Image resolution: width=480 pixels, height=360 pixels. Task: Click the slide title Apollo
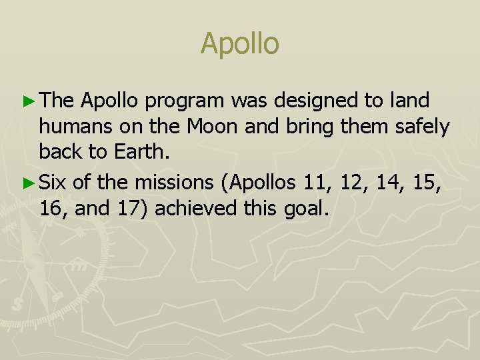pyautogui.click(x=239, y=44)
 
